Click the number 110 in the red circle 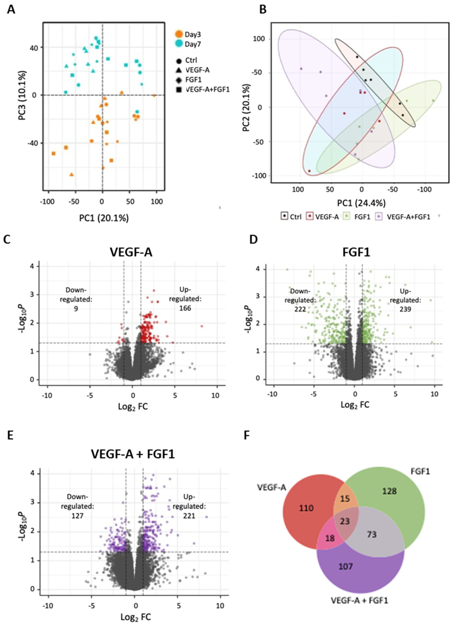pos(306,508)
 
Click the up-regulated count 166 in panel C pos(185,308)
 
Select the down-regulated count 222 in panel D pos(300,309)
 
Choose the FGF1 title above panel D pos(356,252)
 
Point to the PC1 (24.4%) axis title pos(362,203)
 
